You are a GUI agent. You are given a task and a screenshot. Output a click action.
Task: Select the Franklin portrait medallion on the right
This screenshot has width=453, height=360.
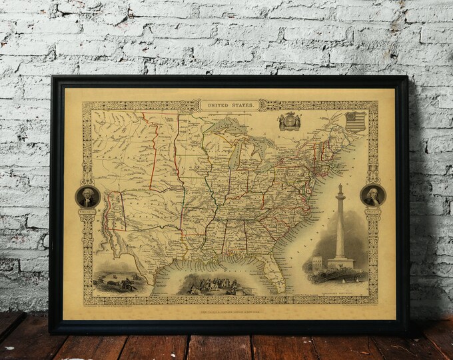point(372,195)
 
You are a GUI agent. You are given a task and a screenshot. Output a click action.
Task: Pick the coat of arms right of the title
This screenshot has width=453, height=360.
point(290,121)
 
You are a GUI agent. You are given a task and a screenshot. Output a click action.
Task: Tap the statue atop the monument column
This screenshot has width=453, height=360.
point(340,189)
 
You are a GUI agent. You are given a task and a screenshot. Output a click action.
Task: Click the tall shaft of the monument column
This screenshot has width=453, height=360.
point(340,227)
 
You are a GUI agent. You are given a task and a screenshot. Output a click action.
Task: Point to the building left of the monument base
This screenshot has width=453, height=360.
point(318,264)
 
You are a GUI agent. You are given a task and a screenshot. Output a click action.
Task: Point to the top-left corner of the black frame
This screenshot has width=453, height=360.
point(51,77)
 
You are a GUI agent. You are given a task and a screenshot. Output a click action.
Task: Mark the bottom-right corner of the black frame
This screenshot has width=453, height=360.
point(407,331)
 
